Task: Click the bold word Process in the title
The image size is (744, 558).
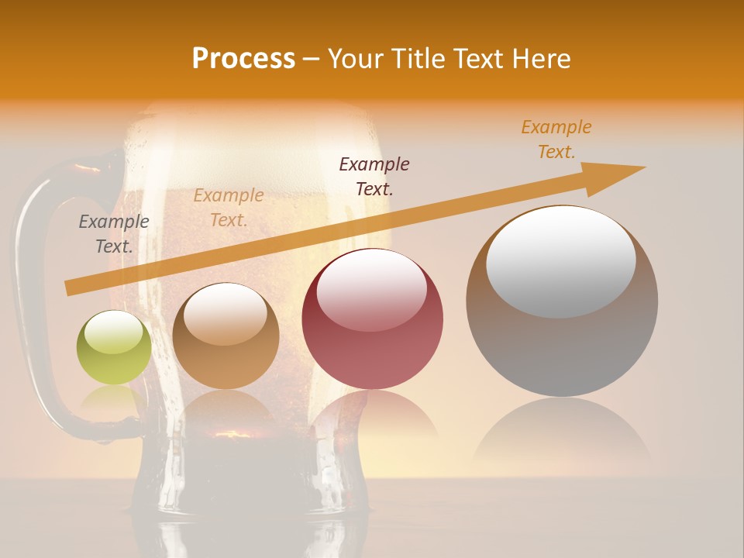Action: click(243, 59)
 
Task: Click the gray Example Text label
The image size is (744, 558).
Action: click(114, 234)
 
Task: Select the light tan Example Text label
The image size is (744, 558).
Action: click(229, 208)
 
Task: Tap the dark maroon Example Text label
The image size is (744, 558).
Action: click(374, 176)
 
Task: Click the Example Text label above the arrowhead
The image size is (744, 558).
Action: click(556, 139)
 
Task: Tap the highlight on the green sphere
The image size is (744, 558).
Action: click(113, 332)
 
